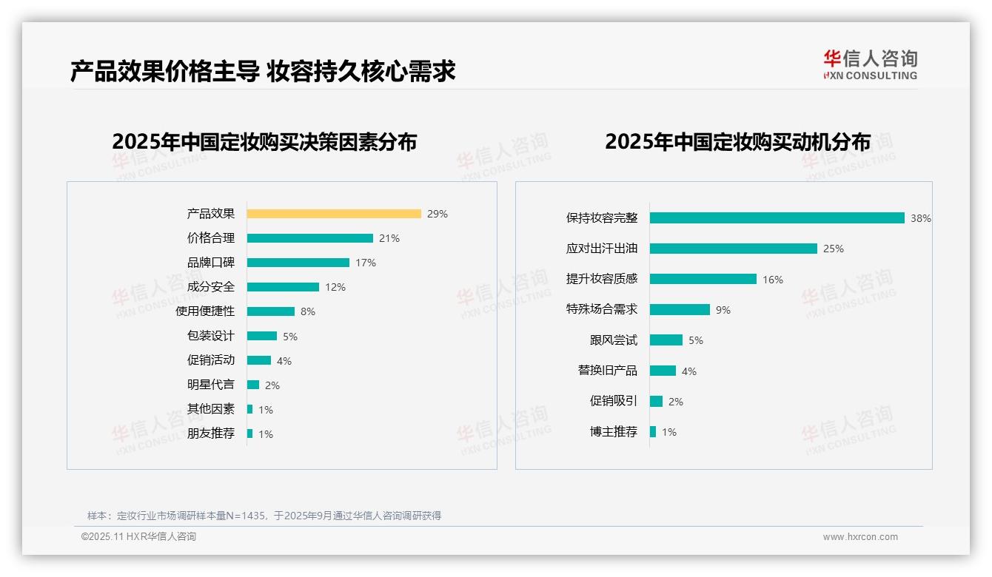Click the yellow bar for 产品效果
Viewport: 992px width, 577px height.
(x=334, y=214)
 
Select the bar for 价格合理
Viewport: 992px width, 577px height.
(x=309, y=238)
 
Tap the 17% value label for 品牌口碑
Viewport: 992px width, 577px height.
(x=366, y=263)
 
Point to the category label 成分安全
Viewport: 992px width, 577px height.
(x=211, y=287)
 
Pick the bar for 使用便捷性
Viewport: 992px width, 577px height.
(x=270, y=311)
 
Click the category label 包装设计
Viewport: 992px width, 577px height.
(x=211, y=336)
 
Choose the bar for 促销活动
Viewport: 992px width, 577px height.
(x=259, y=360)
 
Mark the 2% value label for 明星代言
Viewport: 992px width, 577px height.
(x=272, y=385)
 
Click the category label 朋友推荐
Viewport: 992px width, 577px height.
(x=211, y=433)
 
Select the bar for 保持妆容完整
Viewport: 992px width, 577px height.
(x=777, y=218)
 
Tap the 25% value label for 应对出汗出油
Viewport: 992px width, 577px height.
(x=834, y=249)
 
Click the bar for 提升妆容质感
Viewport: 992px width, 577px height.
(x=703, y=279)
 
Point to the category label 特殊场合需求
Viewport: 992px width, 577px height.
(x=602, y=309)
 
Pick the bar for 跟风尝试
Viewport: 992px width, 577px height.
(x=666, y=340)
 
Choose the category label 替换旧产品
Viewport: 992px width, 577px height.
(x=608, y=371)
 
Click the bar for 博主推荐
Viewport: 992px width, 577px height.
(x=653, y=431)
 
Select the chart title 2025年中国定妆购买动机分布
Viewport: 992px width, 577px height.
(x=737, y=141)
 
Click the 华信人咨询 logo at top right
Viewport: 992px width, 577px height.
(x=870, y=64)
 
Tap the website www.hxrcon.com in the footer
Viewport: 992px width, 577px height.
(x=860, y=537)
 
